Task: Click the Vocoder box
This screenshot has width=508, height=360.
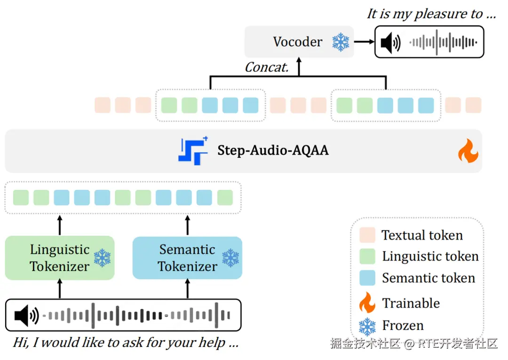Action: pos(298,42)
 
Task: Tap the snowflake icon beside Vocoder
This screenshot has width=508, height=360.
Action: pos(341,42)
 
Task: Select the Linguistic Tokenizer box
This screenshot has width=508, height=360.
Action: pos(60,258)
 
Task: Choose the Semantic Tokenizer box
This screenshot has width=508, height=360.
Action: pos(187,258)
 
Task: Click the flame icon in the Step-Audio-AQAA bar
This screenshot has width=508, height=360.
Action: pos(468,151)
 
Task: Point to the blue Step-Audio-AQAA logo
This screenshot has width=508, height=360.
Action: pos(193,150)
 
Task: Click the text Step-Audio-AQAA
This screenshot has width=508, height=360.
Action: pos(273,150)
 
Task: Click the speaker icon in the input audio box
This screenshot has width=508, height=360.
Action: pos(26,315)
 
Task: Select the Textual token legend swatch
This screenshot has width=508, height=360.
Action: pos(367,235)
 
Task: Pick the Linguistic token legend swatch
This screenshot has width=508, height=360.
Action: pos(367,256)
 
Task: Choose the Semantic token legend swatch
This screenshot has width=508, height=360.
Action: pos(367,278)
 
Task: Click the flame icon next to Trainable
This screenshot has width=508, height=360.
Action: pos(367,303)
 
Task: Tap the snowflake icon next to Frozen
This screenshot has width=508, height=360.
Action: pos(367,325)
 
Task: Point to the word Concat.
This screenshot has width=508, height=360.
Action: pos(266,67)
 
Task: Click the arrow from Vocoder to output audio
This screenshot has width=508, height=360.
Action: pos(363,42)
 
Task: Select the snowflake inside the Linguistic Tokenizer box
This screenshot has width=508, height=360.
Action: pos(102,258)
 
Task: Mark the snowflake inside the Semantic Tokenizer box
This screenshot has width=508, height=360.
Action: pos(230,258)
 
